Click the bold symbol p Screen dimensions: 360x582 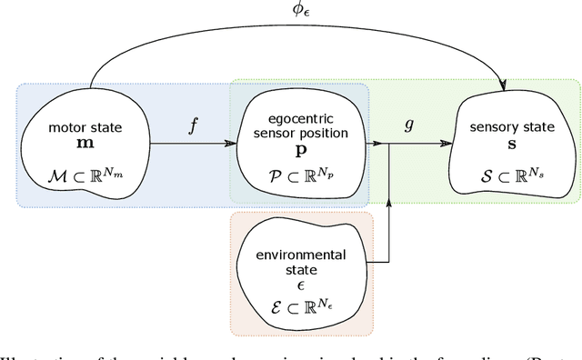298,149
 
